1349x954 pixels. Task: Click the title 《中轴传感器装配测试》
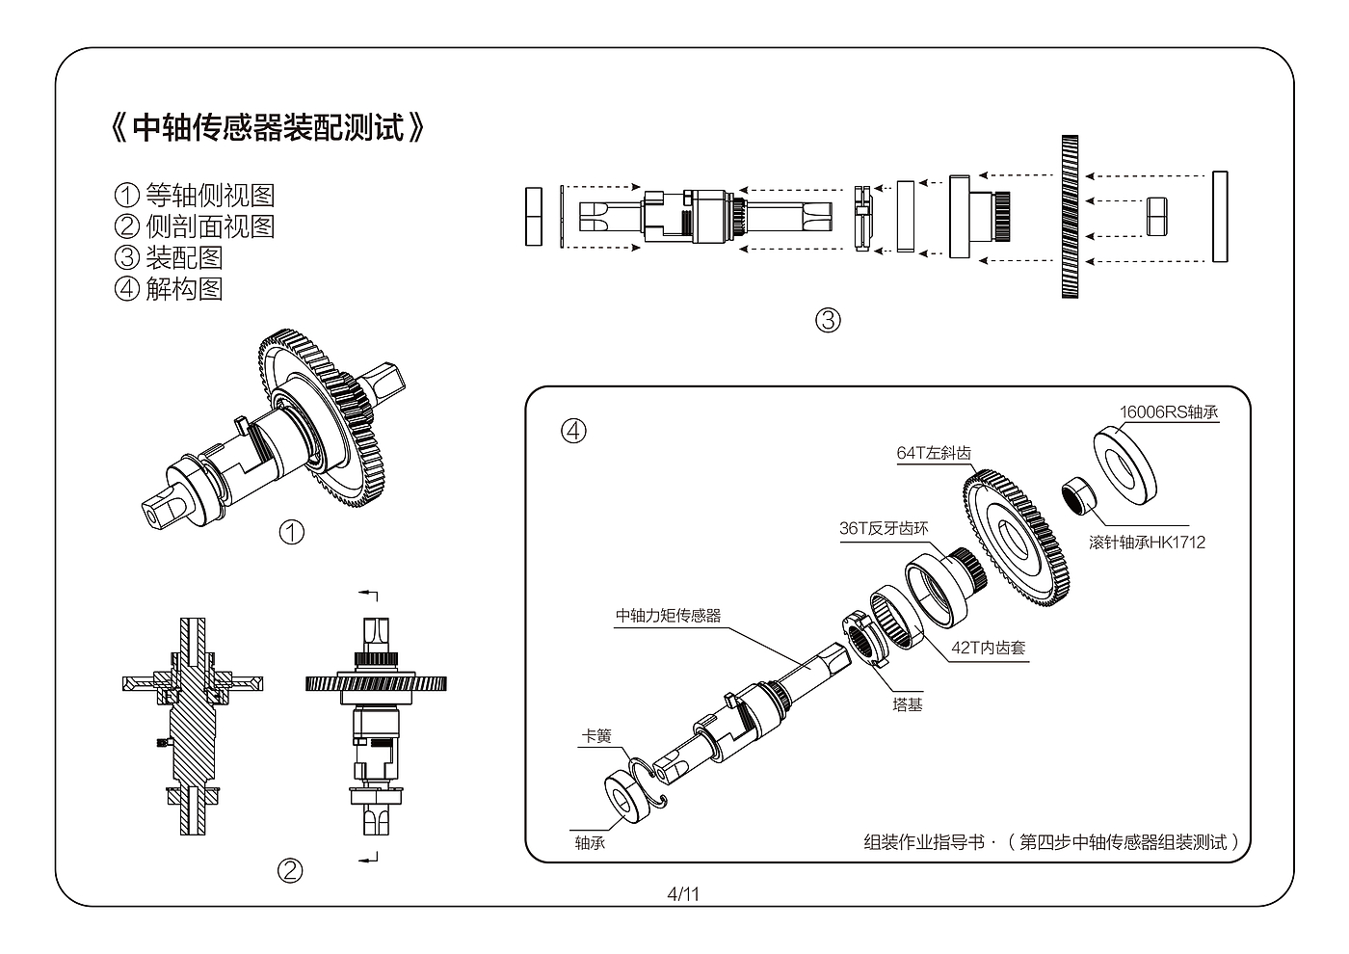coord(268,127)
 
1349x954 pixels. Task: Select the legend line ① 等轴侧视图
coord(195,195)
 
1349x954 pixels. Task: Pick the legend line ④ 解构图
coord(169,288)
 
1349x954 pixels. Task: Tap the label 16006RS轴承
coord(1168,412)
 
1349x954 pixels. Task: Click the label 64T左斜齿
coord(934,453)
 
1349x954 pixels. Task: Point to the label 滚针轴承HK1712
coord(1147,542)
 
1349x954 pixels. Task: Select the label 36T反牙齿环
coord(884,528)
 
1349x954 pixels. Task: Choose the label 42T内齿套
coord(988,648)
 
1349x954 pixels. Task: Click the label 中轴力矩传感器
coord(668,615)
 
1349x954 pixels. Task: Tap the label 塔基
coord(907,704)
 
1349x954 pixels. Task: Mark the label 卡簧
coord(596,735)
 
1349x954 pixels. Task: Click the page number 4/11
coord(683,894)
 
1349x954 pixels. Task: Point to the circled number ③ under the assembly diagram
coord(828,320)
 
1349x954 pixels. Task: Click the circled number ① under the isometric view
coord(291,532)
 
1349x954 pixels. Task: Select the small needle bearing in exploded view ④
coord(1078,496)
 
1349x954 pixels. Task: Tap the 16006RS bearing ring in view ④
coord(1125,464)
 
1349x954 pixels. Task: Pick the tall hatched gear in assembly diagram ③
coord(1070,217)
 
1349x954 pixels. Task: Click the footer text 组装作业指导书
coord(924,841)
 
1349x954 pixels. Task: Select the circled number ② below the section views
coord(290,871)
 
